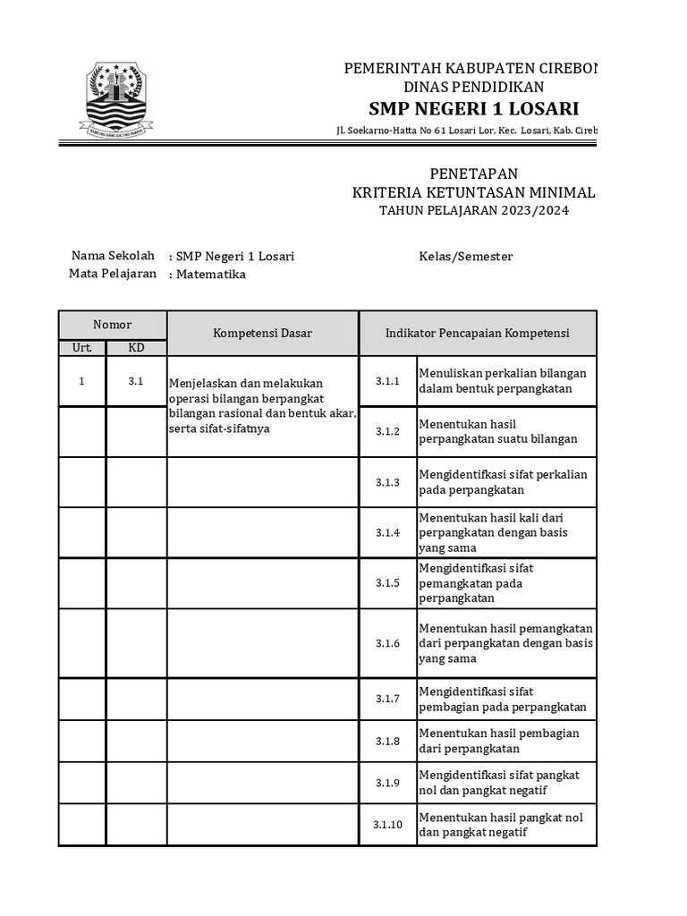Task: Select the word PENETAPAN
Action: (x=473, y=174)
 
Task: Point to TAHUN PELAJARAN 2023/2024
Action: (x=473, y=210)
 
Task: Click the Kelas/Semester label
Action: (x=466, y=257)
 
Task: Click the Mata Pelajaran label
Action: (x=113, y=274)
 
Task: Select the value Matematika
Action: (x=210, y=275)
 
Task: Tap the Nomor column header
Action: (x=113, y=325)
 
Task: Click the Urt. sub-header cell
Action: (x=82, y=347)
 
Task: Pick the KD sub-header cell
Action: (x=136, y=347)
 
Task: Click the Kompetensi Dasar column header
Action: (x=262, y=333)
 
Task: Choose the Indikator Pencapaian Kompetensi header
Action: (x=477, y=333)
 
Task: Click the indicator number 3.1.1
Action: (x=387, y=381)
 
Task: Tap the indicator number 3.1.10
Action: (x=387, y=825)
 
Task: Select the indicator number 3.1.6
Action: (x=387, y=643)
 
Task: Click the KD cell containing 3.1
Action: (x=136, y=381)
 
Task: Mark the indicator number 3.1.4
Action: (x=387, y=532)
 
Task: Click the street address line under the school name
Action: (x=466, y=131)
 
